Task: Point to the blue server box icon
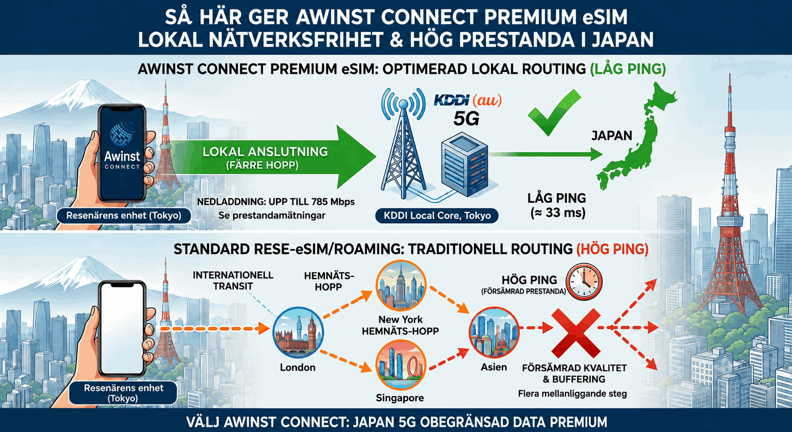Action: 465,165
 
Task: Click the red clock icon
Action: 584,282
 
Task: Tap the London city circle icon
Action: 298,333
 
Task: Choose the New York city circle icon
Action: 401,286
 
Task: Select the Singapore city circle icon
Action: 401,365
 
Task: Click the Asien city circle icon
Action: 494,333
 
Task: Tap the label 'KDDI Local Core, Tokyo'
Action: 437,216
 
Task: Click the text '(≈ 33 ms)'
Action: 558,213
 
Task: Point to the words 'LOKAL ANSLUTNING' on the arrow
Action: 265,152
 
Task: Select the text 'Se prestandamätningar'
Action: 271,215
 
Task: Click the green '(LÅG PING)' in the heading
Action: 628,69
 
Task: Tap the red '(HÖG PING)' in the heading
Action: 612,249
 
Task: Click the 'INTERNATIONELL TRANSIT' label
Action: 233,280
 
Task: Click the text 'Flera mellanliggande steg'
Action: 572,393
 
